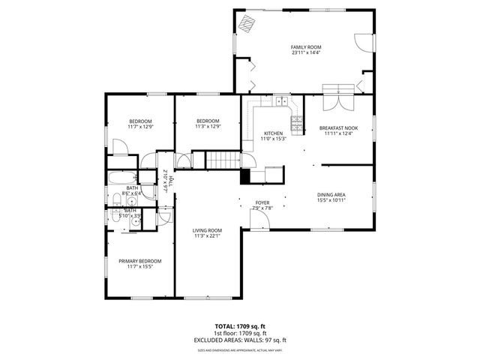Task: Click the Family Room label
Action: coord(305,46)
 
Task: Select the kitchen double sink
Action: coord(281,101)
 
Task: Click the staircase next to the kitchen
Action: coord(222,160)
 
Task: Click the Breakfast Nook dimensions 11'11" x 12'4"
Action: coord(338,133)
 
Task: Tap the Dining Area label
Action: coord(331,194)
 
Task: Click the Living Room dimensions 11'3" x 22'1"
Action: coord(208,236)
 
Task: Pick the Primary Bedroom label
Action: coord(140,260)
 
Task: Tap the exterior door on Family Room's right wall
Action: coord(365,42)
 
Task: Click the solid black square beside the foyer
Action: coord(244,177)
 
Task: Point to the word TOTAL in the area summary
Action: coord(225,327)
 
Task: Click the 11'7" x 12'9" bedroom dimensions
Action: coord(140,127)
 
